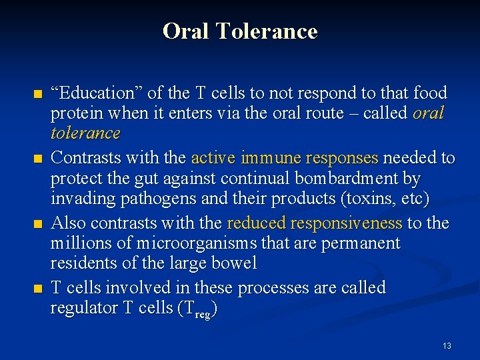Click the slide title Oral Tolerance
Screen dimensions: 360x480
pyautogui.click(x=240, y=31)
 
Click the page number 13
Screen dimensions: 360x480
pyautogui.click(x=447, y=346)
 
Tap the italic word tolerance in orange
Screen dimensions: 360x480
pyautogui.click(x=85, y=133)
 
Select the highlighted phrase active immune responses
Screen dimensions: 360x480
pyautogui.click(x=285, y=158)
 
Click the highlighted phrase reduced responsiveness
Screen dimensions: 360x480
pyautogui.click(x=315, y=223)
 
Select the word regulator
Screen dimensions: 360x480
pyautogui.click(x=84, y=309)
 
